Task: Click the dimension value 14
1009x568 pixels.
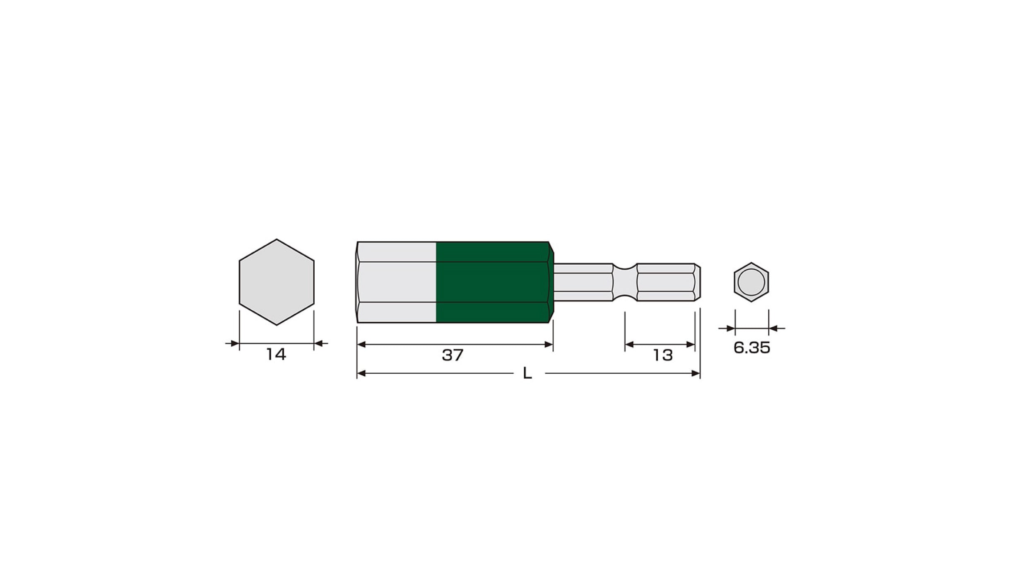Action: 276,354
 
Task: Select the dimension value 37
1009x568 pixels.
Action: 453,355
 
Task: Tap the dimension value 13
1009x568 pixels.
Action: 663,355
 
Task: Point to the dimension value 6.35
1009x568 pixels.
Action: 751,348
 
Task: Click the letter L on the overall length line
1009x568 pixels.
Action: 527,373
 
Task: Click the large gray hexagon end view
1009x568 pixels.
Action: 277,282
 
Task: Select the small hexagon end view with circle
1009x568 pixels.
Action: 751,282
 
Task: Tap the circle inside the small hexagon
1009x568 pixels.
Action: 751,282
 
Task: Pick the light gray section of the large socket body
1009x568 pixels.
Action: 396,282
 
